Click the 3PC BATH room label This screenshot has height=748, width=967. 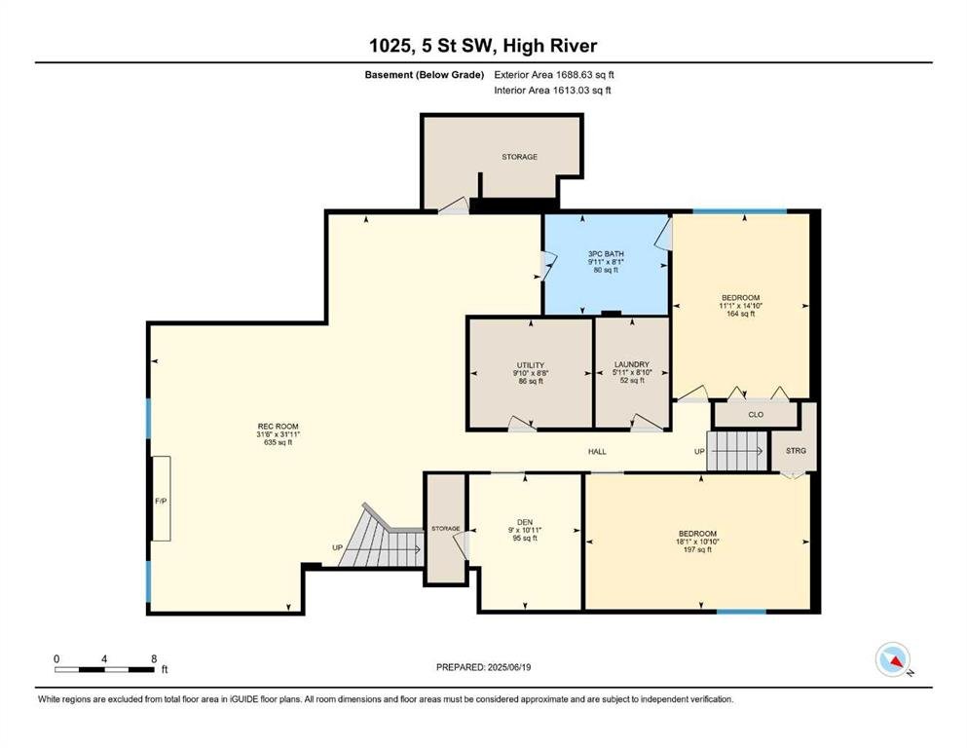(605, 253)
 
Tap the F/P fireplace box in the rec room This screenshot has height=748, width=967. (161, 499)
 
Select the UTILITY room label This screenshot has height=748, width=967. (531, 365)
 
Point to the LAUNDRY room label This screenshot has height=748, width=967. (631, 364)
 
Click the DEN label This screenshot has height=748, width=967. (525, 522)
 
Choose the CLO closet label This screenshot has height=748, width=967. (756, 414)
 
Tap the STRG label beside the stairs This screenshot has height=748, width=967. (796, 451)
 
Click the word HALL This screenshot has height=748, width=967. (597, 451)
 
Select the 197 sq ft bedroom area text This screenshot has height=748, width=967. (697, 549)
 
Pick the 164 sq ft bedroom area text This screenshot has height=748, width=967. (741, 314)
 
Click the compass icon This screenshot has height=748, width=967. (893, 659)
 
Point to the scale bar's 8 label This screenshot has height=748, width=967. (154, 658)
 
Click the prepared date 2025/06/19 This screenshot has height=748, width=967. (508, 667)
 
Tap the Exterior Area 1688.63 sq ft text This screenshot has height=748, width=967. (554, 75)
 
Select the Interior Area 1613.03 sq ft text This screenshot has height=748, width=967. (552, 90)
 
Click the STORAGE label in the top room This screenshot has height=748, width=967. (519, 157)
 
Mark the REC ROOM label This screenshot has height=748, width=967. (279, 427)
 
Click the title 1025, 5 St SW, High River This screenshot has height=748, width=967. (483, 46)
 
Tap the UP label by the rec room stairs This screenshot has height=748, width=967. (337, 547)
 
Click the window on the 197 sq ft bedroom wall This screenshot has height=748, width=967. (741, 612)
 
